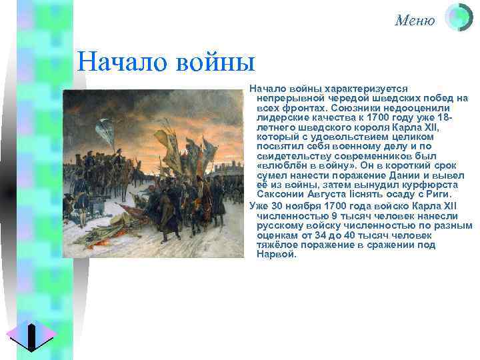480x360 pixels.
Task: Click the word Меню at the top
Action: [x=414, y=21]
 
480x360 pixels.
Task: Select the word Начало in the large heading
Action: [x=117, y=64]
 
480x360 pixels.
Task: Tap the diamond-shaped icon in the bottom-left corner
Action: [x=31, y=335]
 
